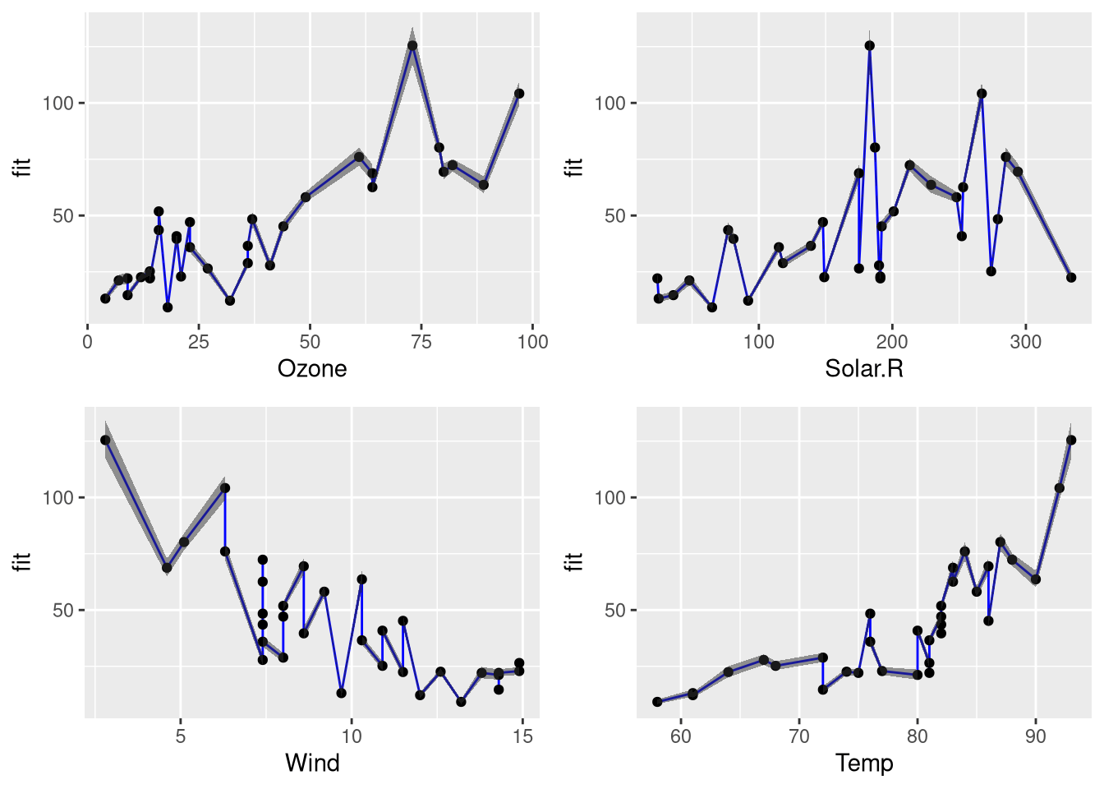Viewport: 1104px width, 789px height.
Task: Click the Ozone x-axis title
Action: pos(312,368)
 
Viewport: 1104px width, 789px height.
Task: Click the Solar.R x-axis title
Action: pos(864,368)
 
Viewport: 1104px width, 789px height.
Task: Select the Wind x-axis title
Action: pos(312,763)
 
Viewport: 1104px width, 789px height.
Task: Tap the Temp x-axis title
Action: pos(864,763)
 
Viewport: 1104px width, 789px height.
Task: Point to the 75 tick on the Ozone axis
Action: pos(421,342)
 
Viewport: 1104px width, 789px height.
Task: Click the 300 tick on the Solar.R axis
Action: pos(1025,342)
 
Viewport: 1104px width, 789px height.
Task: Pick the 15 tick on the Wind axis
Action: pos(522,736)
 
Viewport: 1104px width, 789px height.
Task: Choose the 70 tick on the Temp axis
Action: pos(799,736)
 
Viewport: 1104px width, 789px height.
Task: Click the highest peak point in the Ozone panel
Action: pos(412,46)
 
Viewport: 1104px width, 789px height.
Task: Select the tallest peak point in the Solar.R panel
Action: pos(869,46)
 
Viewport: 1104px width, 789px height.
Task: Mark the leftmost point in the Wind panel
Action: pos(105,441)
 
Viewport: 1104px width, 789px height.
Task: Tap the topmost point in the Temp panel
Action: pos(1071,441)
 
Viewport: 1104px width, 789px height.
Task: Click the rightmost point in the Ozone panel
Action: pos(519,94)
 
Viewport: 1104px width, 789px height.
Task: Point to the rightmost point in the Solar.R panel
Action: pos(1071,278)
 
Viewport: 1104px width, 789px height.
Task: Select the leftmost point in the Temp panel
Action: pos(657,702)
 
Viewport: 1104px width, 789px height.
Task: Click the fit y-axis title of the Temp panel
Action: pos(575,561)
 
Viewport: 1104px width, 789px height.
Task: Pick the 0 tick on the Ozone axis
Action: pos(88,342)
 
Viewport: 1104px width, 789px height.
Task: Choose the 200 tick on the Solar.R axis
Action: pos(892,342)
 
